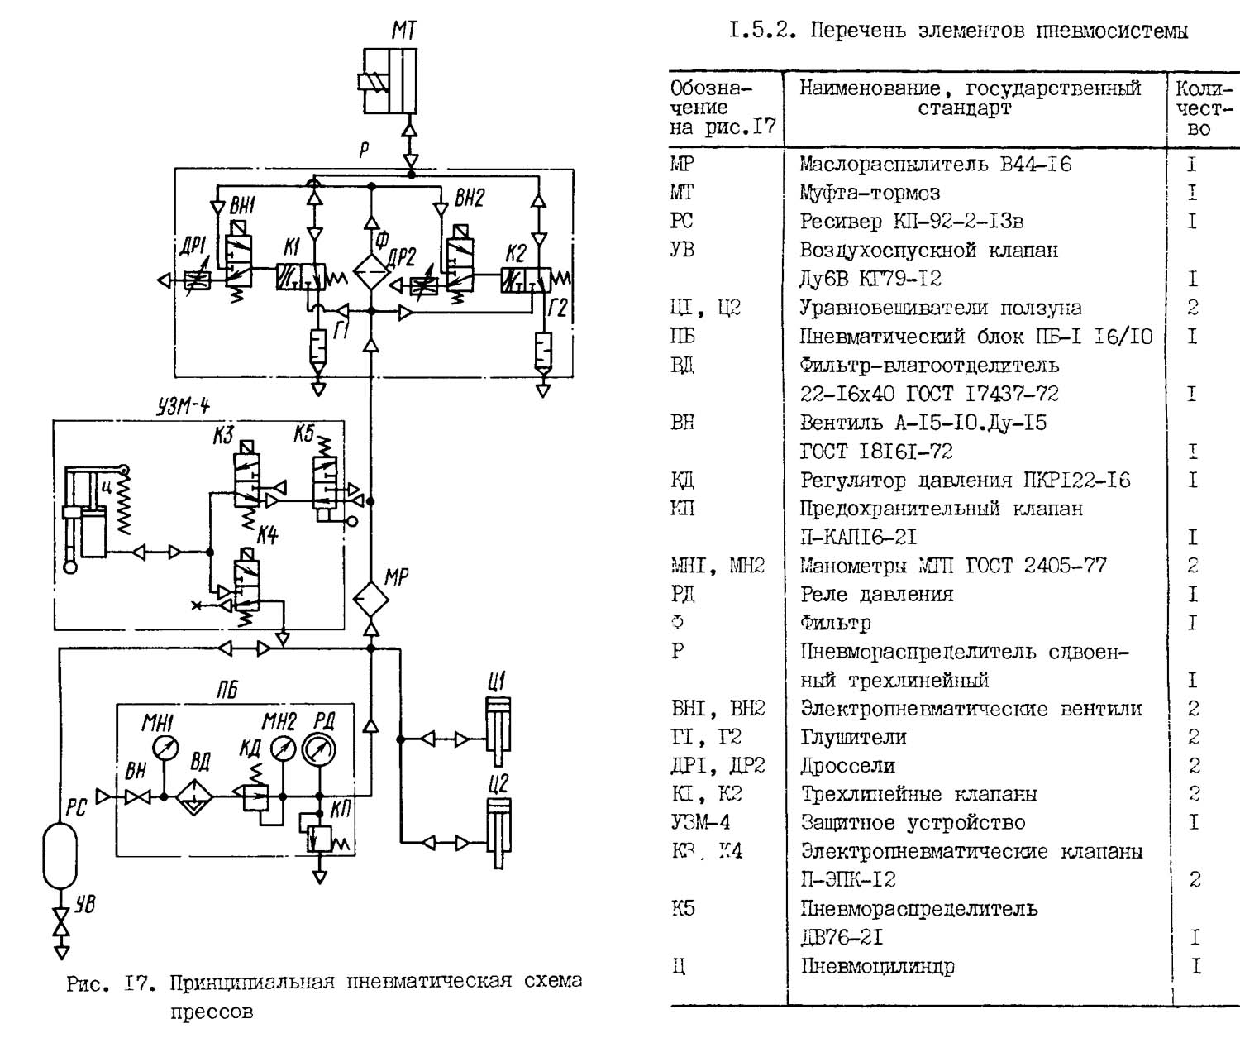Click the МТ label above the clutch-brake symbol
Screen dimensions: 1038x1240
pyautogui.click(x=404, y=31)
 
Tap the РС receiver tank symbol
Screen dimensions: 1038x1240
pyautogui.click(x=60, y=855)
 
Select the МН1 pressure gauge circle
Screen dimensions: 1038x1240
pyautogui.click(x=166, y=749)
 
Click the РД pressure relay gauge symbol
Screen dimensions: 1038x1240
pyautogui.click(x=319, y=749)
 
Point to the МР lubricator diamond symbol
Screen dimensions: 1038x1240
pyautogui.click(x=371, y=599)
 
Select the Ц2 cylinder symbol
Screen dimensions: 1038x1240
pyautogui.click(x=498, y=831)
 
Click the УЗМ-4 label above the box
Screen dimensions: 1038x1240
pyautogui.click(x=184, y=406)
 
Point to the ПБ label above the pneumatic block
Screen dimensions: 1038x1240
pyautogui.click(x=227, y=691)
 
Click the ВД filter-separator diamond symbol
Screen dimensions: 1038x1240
pyautogui.click(x=195, y=796)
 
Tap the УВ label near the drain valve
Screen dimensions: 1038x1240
pyautogui.click(x=85, y=904)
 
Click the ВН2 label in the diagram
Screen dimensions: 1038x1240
pyautogui.click(x=470, y=199)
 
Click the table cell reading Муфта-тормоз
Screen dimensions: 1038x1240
pyautogui.click(x=869, y=193)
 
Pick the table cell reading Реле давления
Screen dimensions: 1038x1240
pyautogui.click(x=876, y=595)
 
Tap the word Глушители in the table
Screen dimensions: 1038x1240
pyautogui.click(x=853, y=737)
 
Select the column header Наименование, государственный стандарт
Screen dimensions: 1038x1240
pyautogui.click(x=969, y=98)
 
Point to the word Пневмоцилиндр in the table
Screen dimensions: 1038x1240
pyautogui.click(x=877, y=966)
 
